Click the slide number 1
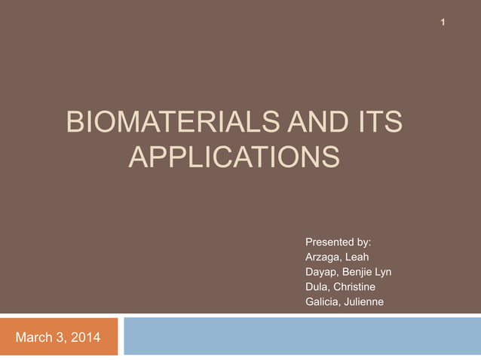444,23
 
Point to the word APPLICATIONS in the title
234,158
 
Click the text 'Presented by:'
338,243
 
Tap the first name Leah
357,258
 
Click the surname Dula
317,288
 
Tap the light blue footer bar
302,336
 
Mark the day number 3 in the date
59,337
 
